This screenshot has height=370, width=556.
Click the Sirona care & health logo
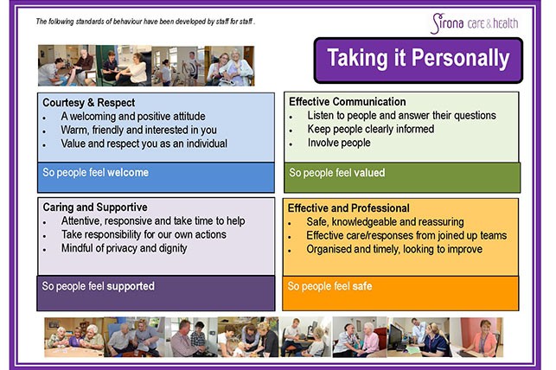pyautogui.click(x=475, y=23)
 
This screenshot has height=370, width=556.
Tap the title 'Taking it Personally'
pyautogui.click(x=419, y=58)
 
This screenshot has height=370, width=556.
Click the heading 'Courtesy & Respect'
pyautogui.click(x=89, y=103)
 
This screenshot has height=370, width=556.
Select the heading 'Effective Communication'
pyautogui.click(x=347, y=102)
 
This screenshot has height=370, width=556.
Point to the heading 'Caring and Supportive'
pyautogui.click(x=95, y=207)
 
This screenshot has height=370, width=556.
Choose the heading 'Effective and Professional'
pyautogui.click(x=348, y=208)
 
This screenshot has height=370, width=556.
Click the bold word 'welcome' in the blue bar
pyautogui.click(x=128, y=173)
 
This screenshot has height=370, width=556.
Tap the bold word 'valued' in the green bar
pyautogui.click(x=369, y=173)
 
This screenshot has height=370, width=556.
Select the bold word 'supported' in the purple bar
pyautogui.click(x=131, y=286)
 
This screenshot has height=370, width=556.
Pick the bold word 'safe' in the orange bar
pyautogui.click(x=362, y=286)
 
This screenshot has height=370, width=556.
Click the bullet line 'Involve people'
pyautogui.click(x=339, y=143)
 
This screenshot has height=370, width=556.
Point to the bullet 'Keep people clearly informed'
pyautogui.click(x=371, y=129)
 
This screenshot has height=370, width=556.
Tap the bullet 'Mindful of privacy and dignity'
pyautogui.click(x=125, y=248)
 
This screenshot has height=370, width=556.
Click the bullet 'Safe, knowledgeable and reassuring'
pyautogui.click(x=385, y=222)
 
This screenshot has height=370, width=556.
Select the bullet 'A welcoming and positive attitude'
pyautogui.click(x=133, y=117)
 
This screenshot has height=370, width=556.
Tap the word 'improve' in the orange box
pyautogui.click(x=464, y=250)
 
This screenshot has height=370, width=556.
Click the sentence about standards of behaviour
pyautogui.click(x=145, y=22)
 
